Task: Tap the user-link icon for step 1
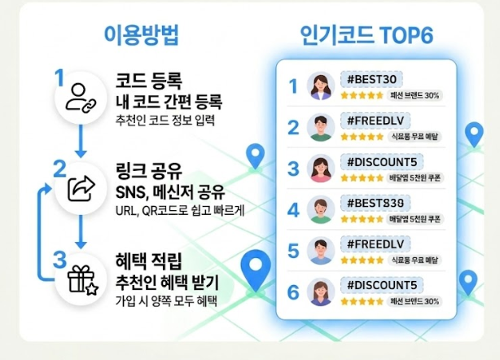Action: tap(81, 97)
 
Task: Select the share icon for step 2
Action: tap(81, 189)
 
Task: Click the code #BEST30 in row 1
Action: tap(372, 79)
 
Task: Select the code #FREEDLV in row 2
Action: tap(376, 121)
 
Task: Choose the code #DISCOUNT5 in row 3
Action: tap(382, 161)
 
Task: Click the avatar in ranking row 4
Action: tap(320, 210)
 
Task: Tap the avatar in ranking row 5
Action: tap(320, 251)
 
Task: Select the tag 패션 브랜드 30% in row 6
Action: tap(414, 301)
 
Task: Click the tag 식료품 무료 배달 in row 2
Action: tap(414, 136)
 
